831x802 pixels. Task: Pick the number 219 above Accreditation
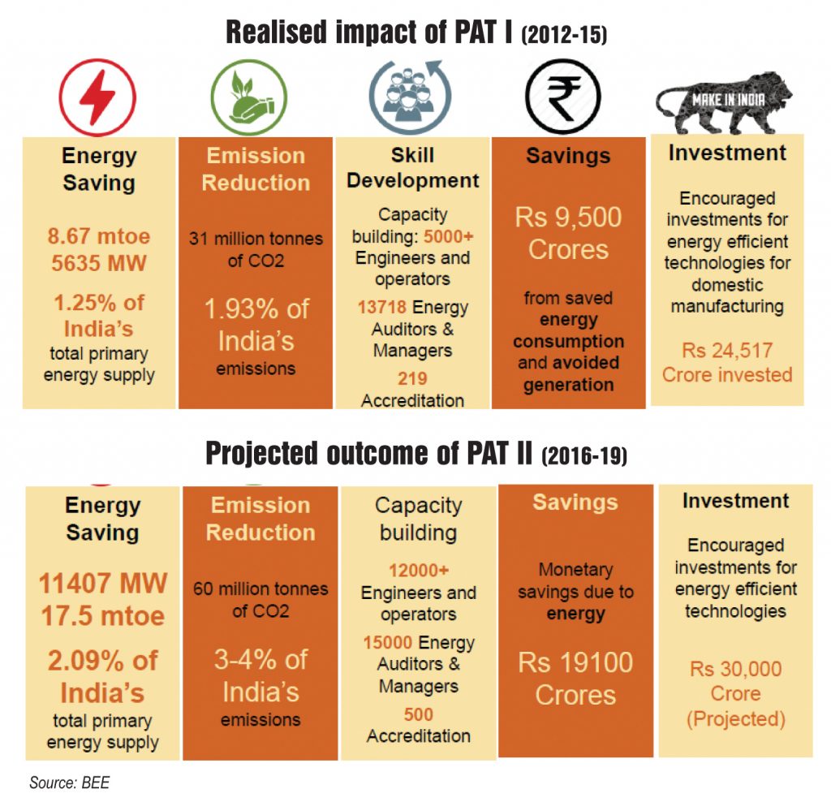tap(412, 378)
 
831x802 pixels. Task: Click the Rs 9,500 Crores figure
tap(568, 233)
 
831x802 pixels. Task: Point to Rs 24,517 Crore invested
tap(727, 363)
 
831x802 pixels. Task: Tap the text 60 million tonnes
tap(260, 589)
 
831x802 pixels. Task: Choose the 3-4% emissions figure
tap(260, 676)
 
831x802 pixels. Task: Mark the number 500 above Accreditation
tap(418, 714)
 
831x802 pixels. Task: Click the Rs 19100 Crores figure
tap(575, 679)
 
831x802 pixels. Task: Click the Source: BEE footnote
tap(69, 783)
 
